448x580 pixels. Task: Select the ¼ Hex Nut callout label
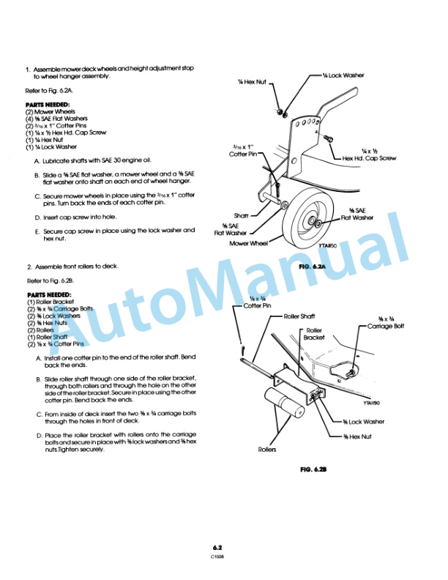click(250, 82)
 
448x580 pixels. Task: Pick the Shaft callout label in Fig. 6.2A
click(242, 215)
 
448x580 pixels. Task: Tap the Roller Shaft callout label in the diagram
click(299, 316)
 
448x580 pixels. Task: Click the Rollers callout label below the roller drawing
click(267, 449)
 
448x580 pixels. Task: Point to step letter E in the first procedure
click(37, 230)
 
